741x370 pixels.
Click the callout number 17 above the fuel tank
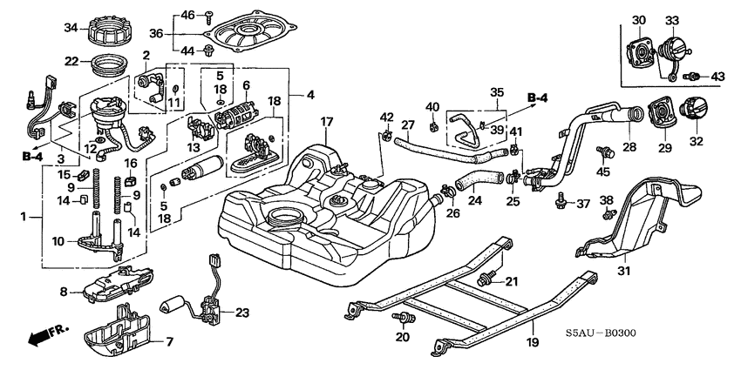pos(325,124)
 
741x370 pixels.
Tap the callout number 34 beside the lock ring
pos(71,28)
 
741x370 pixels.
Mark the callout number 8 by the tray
pos(64,291)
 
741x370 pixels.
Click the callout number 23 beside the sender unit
pos(241,312)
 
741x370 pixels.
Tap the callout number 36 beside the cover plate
pos(157,33)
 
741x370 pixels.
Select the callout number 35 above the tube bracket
pos(496,91)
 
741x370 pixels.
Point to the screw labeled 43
pos(696,77)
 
